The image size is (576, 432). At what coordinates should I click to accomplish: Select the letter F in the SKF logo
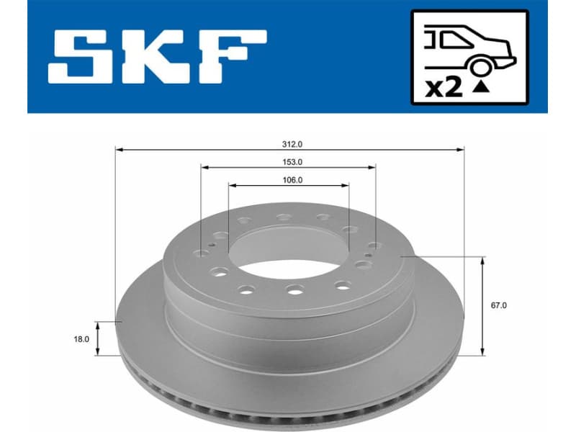pos(232,55)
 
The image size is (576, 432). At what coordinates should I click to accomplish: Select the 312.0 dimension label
pos(291,143)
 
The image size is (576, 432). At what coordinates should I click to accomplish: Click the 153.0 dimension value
pos(291,162)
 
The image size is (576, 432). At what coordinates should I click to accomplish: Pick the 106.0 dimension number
pos(291,180)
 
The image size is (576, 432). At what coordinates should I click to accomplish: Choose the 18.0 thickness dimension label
pos(81,338)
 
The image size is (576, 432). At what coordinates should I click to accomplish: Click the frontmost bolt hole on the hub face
pos(293,289)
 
